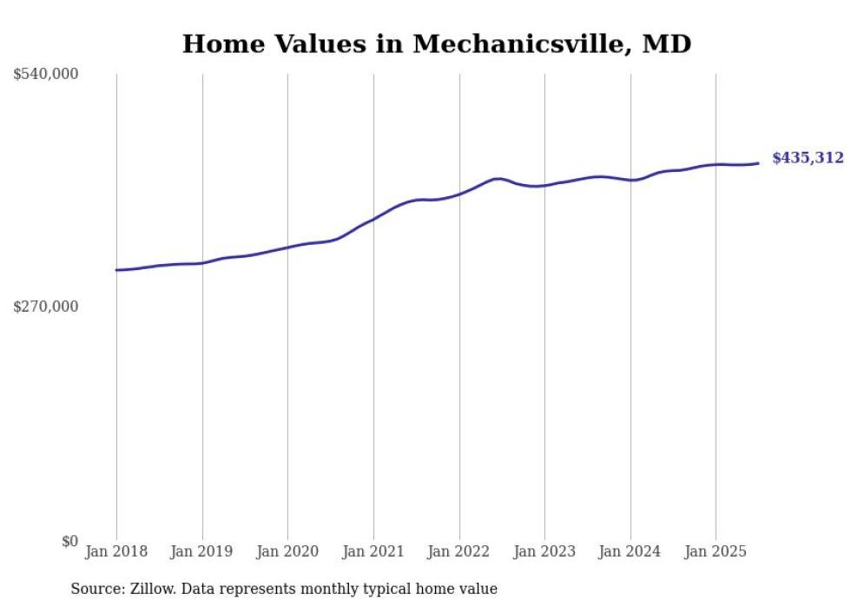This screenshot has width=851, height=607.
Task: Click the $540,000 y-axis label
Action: [45, 75]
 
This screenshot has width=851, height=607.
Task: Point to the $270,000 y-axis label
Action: [45, 307]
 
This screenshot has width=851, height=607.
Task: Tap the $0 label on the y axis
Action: [69, 541]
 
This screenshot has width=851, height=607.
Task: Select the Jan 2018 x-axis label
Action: [116, 551]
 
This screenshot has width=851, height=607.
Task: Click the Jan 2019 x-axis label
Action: [202, 551]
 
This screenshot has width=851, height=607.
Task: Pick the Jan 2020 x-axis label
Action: [287, 551]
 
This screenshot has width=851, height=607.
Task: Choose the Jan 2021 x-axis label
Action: [373, 551]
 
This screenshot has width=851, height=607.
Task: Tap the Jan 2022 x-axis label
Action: [459, 551]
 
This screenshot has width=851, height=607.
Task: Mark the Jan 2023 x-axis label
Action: [544, 551]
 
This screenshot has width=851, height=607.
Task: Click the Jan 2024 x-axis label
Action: [630, 551]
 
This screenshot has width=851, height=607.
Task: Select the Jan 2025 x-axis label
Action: [716, 551]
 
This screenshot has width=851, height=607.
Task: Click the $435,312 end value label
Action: [808, 158]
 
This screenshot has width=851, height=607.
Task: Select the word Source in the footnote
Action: [95, 590]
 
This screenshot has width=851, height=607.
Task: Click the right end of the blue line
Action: [759, 163]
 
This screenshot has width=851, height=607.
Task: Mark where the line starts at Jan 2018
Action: [116, 270]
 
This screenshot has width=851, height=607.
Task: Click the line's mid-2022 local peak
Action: [497, 179]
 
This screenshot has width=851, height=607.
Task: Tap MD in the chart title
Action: [666, 44]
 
